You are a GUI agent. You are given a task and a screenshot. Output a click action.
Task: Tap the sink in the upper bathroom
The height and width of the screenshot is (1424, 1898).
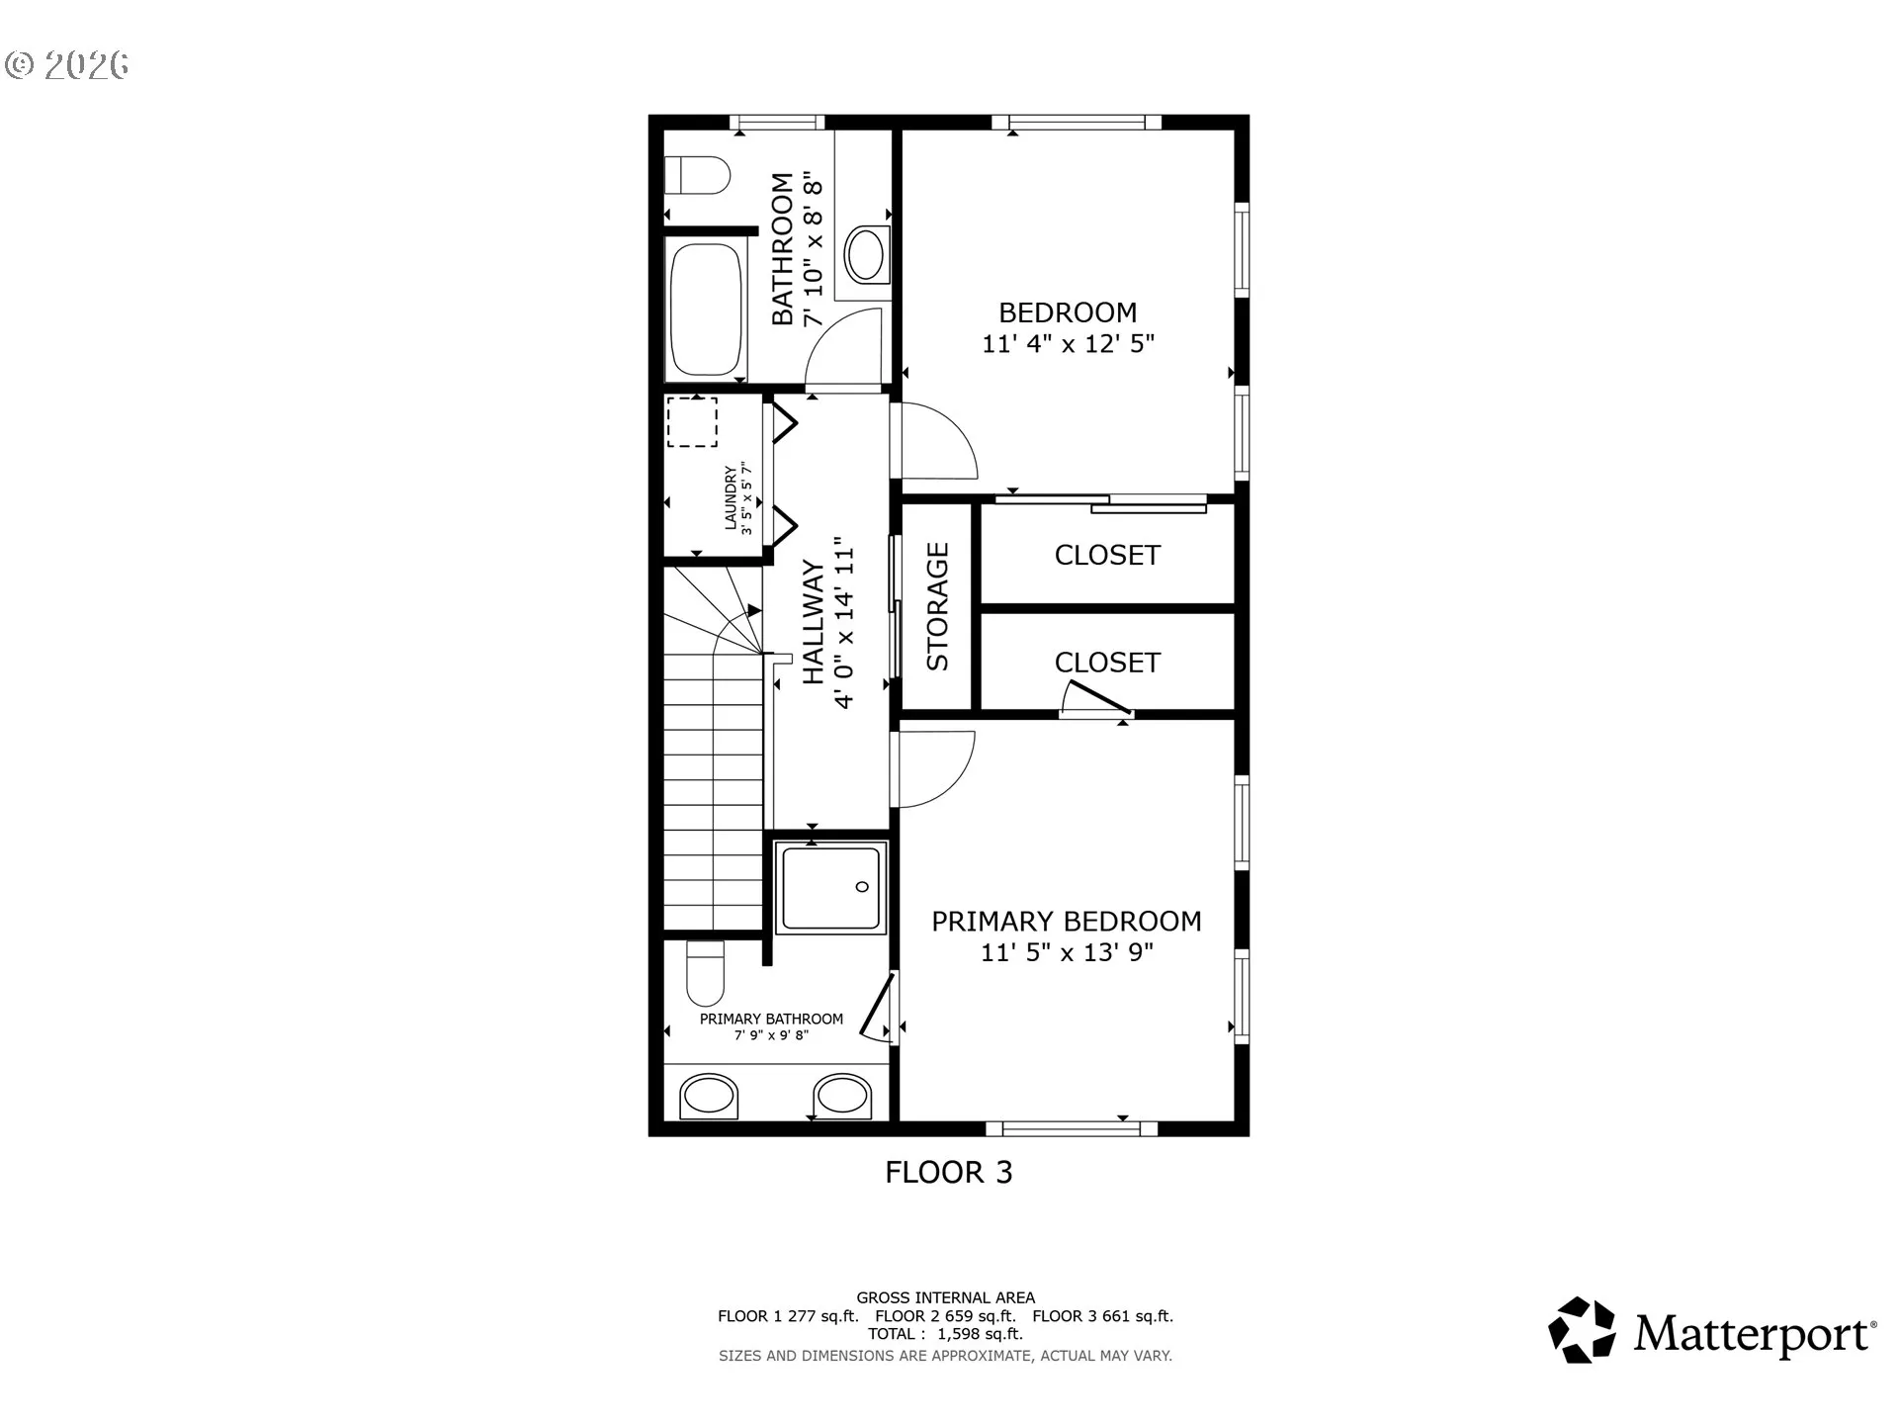(x=866, y=255)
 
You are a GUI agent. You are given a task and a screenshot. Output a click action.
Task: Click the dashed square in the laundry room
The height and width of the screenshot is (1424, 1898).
(x=692, y=422)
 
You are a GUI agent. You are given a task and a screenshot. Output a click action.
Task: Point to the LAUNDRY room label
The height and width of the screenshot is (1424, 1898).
(x=732, y=498)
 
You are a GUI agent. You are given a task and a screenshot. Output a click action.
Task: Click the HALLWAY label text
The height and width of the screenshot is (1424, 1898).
(x=813, y=622)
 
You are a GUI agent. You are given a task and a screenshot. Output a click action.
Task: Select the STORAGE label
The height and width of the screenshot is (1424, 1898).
(x=937, y=606)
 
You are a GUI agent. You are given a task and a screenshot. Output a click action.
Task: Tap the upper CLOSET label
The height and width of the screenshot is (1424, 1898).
(x=1107, y=555)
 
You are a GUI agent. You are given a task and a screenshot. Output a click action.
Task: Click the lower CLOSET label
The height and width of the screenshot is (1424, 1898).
(x=1107, y=663)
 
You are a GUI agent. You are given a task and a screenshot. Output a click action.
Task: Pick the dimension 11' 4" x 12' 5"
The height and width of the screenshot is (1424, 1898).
(x=1068, y=344)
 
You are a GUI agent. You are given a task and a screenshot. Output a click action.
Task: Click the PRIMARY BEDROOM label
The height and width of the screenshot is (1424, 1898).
(x=1067, y=922)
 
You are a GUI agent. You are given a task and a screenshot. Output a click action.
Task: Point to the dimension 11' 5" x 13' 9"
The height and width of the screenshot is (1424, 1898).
(x=1067, y=952)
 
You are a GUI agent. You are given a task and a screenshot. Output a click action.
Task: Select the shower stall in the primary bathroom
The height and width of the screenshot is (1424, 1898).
(x=830, y=888)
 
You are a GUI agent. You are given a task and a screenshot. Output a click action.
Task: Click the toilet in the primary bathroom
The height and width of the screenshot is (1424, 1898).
(x=706, y=972)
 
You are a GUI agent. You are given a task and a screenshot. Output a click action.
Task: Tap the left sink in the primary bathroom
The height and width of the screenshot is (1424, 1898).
(x=710, y=1096)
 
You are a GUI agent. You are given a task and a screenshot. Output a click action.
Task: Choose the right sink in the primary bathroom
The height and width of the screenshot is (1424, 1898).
(x=843, y=1096)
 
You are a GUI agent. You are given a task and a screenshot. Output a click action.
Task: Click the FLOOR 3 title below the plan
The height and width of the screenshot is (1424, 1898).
(x=949, y=1173)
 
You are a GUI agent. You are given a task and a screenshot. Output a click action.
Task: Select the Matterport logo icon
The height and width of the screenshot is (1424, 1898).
(x=1582, y=1330)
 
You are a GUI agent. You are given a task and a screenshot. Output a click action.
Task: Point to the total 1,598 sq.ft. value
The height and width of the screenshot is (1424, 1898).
(x=980, y=1334)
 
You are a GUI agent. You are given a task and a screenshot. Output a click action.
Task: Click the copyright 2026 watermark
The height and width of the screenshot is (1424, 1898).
(x=67, y=65)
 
